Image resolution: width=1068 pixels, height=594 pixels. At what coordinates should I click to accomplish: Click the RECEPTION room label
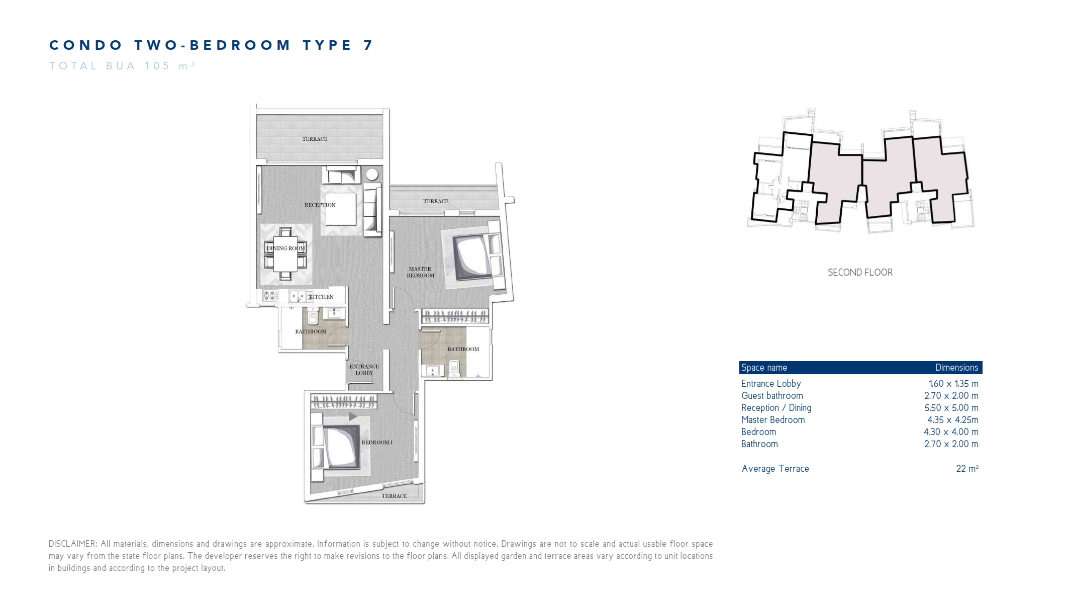click(320, 205)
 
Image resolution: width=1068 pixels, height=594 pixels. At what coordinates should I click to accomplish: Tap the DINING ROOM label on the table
click(285, 248)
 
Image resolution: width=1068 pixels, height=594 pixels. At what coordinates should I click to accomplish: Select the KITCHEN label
click(321, 297)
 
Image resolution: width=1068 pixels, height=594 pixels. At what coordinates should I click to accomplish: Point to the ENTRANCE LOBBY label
click(364, 370)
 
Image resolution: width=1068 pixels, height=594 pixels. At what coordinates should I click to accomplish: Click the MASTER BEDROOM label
click(421, 272)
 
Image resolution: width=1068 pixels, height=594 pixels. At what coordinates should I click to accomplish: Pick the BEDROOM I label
click(377, 443)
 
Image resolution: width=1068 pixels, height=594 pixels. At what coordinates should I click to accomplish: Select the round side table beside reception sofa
click(372, 175)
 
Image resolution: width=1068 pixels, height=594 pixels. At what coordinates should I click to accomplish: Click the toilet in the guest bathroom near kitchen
click(313, 317)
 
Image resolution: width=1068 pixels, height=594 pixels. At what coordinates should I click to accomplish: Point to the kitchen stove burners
click(270, 296)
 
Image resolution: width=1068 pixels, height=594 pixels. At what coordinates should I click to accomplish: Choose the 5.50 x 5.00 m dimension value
click(951, 408)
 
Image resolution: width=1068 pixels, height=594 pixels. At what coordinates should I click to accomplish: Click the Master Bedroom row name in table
click(772, 420)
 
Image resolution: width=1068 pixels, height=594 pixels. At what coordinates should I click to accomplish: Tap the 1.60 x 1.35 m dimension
click(953, 384)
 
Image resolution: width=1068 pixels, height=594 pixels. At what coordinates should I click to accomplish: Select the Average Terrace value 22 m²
click(966, 469)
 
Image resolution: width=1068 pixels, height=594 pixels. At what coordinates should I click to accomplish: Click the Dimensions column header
click(956, 368)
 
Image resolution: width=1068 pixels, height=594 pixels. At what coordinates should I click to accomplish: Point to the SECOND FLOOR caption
click(860, 273)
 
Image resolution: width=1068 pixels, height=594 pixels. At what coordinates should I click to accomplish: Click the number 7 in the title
click(368, 45)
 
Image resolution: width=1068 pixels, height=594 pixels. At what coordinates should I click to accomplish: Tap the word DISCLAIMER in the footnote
click(72, 544)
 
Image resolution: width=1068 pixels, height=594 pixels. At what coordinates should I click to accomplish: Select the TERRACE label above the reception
click(315, 139)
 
